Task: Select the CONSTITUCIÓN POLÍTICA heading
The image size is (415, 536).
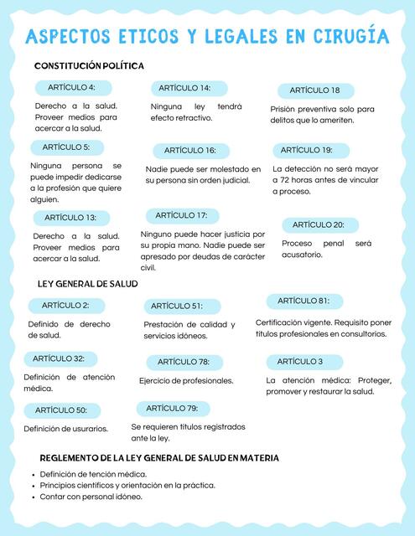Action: (89, 65)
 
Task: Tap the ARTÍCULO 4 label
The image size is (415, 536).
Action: (71, 87)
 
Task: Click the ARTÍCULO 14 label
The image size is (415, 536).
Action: (187, 88)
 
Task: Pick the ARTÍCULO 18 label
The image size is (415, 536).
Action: (314, 90)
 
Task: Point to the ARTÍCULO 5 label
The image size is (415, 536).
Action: (65, 147)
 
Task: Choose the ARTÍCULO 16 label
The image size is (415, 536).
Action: (189, 150)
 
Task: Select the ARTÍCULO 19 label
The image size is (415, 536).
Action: (306, 150)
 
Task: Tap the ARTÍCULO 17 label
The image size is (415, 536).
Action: (181, 215)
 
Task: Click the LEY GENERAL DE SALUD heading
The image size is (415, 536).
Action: (87, 284)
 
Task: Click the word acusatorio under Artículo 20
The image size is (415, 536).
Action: (302, 255)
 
